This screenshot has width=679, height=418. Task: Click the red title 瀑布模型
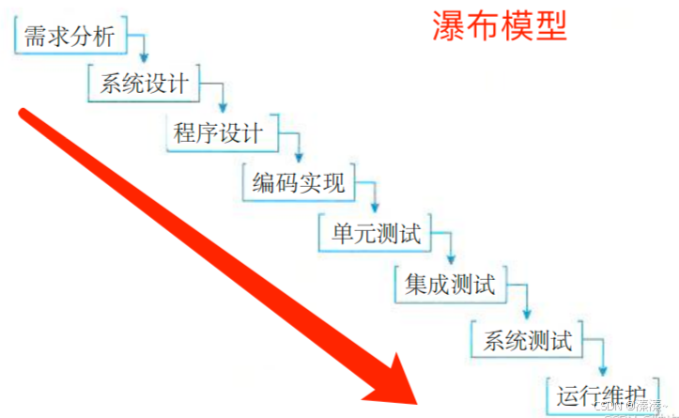coord(500,25)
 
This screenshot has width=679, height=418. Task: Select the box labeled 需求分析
coord(69,37)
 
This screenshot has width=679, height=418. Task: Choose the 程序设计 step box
coord(220,132)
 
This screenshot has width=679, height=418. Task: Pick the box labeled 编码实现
coord(299,182)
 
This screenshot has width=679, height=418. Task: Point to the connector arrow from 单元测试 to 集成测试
coord(449,247)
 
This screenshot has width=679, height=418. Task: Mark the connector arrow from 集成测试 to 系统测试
coord(524,299)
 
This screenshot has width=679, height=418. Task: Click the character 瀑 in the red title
coord(449,25)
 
